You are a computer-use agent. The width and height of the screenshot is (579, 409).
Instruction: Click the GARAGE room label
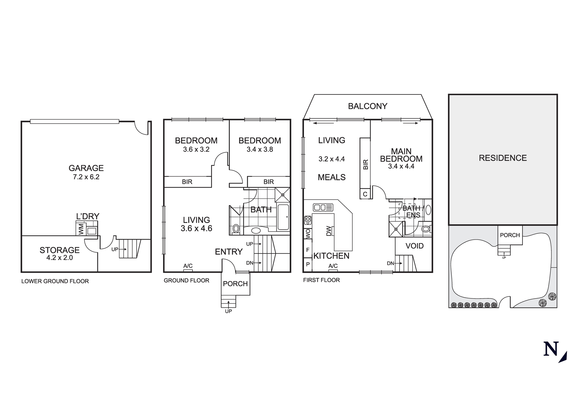(86, 168)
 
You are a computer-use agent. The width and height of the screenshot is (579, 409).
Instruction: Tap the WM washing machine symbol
(81, 229)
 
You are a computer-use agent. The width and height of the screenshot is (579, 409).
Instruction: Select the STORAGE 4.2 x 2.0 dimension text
(59, 258)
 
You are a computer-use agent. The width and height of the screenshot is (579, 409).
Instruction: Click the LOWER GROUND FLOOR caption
(55, 281)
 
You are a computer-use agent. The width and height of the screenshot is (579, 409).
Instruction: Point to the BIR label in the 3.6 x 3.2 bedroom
(187, 182)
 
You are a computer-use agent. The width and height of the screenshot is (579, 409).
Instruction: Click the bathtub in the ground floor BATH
(283, 217)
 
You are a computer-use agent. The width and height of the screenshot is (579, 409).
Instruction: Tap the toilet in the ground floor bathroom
(236, 229)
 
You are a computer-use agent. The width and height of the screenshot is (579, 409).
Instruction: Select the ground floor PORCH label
(235, 284)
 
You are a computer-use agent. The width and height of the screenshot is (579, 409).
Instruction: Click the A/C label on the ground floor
(188, 266)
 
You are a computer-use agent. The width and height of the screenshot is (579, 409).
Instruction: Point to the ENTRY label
(228, 252)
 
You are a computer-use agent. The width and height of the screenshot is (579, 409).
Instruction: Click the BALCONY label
(367, 106)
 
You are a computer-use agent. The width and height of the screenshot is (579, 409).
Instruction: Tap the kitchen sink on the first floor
(323, 207)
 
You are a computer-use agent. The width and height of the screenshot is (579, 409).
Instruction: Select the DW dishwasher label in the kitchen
(329, 231)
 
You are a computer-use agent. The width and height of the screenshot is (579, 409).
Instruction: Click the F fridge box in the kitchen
(307, 250)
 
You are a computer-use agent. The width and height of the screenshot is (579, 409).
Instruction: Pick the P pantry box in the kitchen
(307, 264)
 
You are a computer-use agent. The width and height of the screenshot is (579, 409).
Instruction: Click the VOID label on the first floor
(414, 246)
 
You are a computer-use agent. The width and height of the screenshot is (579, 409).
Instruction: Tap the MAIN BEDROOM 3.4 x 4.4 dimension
(401, 166)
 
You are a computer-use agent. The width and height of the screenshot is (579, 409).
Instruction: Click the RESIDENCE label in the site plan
(503, 158)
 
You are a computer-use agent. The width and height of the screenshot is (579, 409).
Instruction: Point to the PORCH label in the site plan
(510, 235)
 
